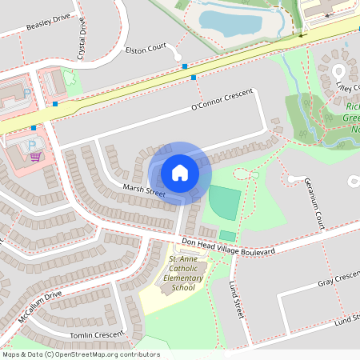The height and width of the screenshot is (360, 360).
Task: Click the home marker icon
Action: tap(180, 173)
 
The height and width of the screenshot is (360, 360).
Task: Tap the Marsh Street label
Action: tap(144, 191)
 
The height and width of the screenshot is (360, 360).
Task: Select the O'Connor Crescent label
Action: tap(222, 101)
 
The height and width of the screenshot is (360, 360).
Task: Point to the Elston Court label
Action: tap(146, 49)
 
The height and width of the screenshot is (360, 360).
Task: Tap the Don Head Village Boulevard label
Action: tap(228, 246)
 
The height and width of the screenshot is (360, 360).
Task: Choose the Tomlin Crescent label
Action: tap(97, 334)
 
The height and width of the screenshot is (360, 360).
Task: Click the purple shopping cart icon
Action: tap(34, 157)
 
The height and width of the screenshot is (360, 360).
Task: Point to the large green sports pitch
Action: tap(224, 203)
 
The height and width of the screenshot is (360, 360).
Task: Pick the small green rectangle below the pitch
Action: tap(228, 235)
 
